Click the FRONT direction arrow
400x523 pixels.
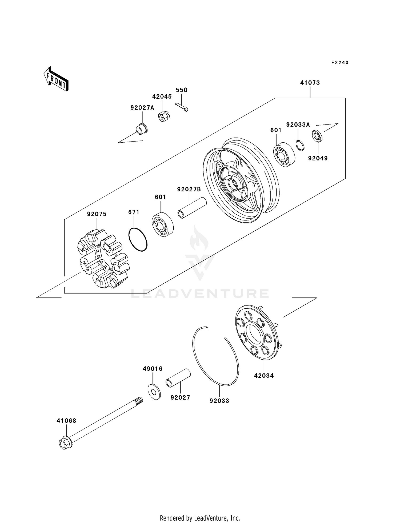[56, 79]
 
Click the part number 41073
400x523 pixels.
[310, 83]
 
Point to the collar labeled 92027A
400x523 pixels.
[142, 129]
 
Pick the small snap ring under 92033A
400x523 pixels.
[301, 145]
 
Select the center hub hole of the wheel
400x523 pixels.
[233, 184]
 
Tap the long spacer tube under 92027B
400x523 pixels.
[192, 208]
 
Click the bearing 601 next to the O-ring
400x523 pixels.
[162, 224]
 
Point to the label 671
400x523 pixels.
[134, 212]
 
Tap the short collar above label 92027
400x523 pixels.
[178, 377]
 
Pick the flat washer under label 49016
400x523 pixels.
[154, 392]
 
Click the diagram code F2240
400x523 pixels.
[340, 63]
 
